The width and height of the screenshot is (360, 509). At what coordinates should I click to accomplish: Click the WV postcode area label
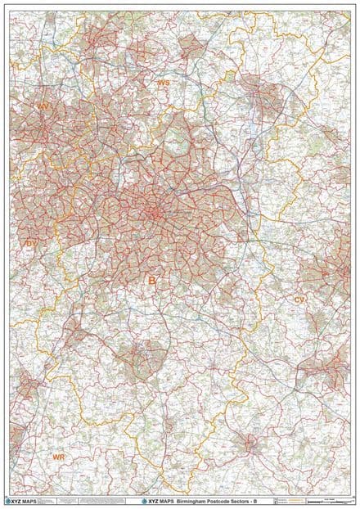(43, 106)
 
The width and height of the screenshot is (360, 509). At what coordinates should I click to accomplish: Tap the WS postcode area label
(164, 83)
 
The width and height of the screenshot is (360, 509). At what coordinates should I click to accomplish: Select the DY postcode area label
(32, 243)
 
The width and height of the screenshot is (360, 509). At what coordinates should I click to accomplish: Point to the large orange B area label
(151, 281)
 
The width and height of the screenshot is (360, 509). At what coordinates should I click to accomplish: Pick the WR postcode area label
(58, 457)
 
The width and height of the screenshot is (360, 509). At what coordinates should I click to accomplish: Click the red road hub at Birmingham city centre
(154, 213)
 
